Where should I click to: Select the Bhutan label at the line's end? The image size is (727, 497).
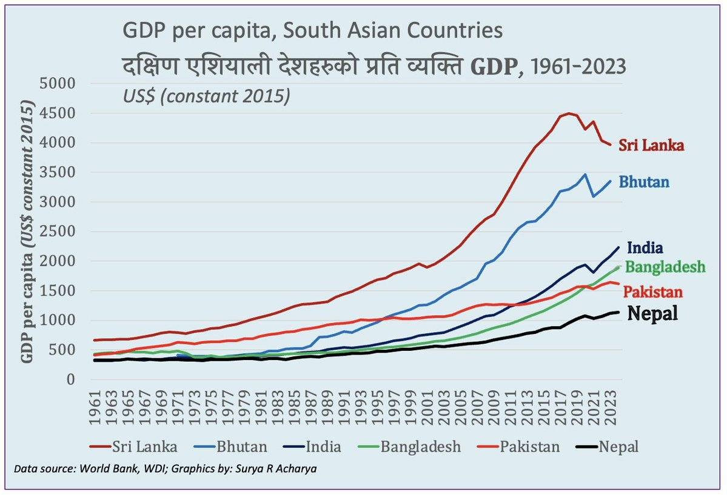[644, 181]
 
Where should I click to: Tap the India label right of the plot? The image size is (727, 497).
[645, 247]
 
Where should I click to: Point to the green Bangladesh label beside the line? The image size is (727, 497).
[665, 267]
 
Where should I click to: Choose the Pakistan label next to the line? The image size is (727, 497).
[653, 292]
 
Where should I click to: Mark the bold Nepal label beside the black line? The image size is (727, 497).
[652, 313]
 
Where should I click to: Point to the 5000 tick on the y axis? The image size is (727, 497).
[57, 84]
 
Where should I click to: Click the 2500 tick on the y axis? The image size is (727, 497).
[57, 232]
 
